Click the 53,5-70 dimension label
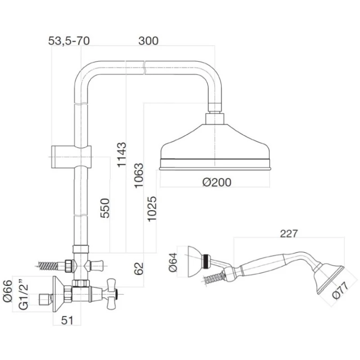click(x=69, y=40)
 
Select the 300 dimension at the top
click(x=148, y=40)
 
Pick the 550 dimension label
click(x=104, y=208)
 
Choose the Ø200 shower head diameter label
click(x=216, y=182)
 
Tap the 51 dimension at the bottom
click(x=67, y=321)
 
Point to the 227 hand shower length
click(x=288, y=234)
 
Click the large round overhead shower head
click(x=216, y=146)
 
